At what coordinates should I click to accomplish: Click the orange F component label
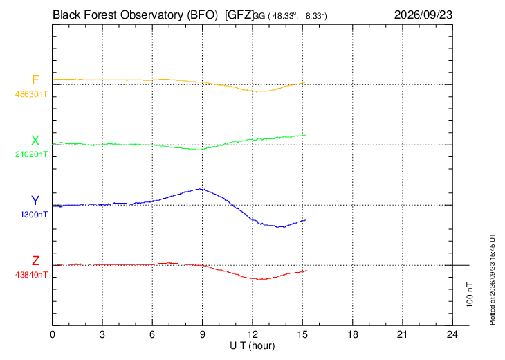(35, 80)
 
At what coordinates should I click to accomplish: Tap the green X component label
(35, 141)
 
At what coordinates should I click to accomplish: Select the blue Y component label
(35, 201)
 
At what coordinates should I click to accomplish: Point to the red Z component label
(35, 261)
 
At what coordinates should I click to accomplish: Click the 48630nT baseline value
(31, 94)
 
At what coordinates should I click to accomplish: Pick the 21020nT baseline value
(31, 154)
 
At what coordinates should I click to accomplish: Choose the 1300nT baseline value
(34, 215)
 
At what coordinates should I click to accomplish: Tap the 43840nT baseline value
(31, 275)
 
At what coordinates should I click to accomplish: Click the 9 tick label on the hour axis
(202, 335)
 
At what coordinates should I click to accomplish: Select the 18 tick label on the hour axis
(352, 335)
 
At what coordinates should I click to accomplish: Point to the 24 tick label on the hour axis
(452, 335)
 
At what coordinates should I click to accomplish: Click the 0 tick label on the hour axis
(53, 335)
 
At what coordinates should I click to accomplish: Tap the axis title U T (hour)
(252, 346)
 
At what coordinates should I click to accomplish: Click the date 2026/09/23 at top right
(423, 15)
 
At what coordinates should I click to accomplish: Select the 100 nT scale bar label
(470, 295)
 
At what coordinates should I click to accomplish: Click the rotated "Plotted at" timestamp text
(492, 279)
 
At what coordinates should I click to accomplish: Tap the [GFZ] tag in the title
(239, 15)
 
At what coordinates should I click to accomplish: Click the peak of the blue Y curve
(201, 189)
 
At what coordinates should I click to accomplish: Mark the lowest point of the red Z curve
(259, 279)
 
